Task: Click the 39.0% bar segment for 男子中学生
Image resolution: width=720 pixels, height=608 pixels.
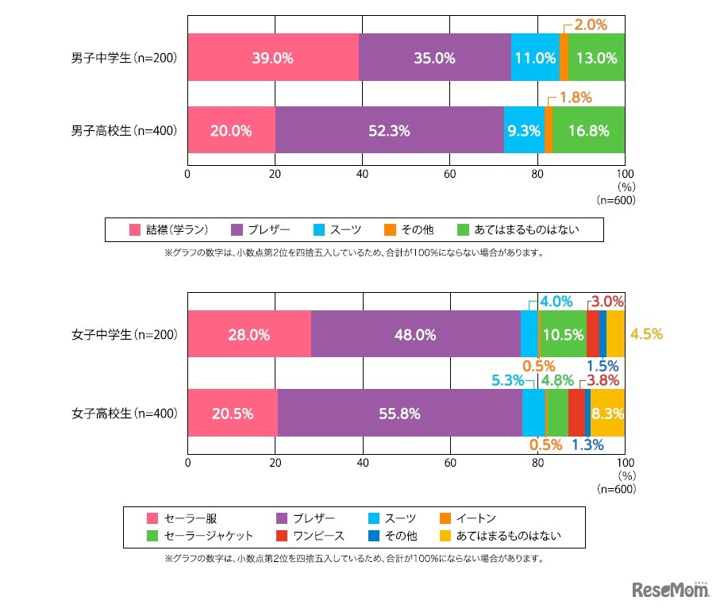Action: click(273, 57)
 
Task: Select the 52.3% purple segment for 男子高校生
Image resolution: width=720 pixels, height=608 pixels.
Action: click(389, 131)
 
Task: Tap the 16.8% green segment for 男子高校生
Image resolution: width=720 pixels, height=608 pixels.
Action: click(588, 131)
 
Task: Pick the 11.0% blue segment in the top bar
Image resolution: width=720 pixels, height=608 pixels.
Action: click(535, 57)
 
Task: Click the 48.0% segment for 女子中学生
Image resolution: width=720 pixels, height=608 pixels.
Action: click(415, 335)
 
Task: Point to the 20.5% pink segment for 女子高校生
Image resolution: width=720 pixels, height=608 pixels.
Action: click(233, 413)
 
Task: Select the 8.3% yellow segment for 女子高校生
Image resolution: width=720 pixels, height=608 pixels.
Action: click(607, 413)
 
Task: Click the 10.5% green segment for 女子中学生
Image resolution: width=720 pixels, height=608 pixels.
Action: click(563, 335)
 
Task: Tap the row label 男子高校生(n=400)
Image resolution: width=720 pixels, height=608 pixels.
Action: click(124, 131)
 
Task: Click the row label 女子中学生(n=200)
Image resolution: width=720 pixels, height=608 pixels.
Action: click(124, 335)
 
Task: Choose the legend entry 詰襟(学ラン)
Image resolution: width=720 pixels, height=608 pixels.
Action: click(175, 230)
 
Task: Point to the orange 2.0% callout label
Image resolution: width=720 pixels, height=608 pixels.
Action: click(591, 25)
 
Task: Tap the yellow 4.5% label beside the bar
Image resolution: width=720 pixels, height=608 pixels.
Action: click(646, 335)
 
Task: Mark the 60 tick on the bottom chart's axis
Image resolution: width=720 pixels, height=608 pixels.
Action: click(449, 461)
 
